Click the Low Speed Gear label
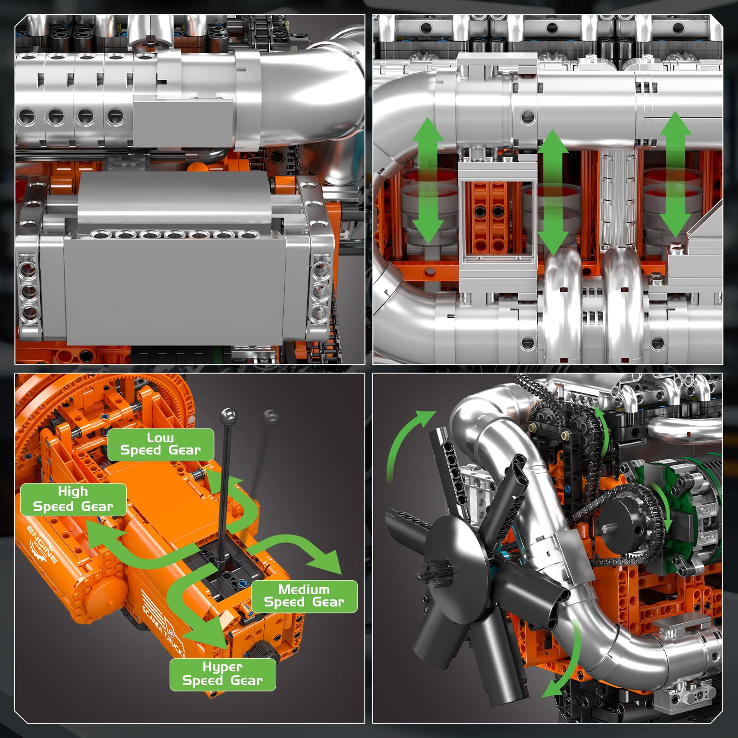pyautogui.click(x=161, y=444)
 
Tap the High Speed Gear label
pyautogui.click(x=73, y=500)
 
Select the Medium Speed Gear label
pyautogui.click(x=304, y=596)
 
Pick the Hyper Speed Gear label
pyautogui.click(x=222, y=674)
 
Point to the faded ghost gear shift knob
pyautogui.click(x=271, y=416)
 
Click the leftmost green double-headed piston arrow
pyautogui.click(x=428, y=180)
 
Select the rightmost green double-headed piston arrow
pyautogui.click(x=675, y=174)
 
